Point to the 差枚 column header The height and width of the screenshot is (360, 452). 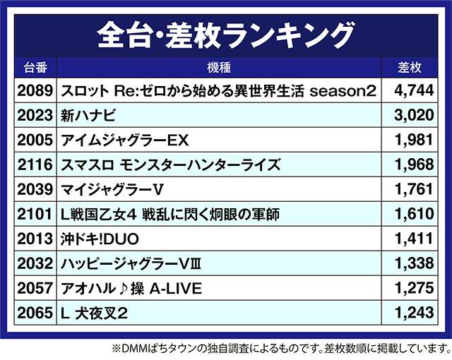point(410,68)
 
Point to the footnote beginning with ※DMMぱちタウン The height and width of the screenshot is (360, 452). point(279,349)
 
